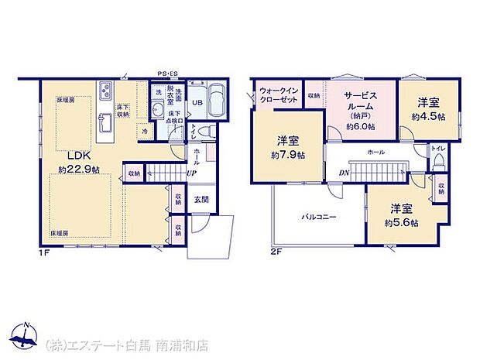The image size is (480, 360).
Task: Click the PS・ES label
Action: click(168, 74)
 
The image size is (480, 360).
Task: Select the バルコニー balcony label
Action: click(318, 218)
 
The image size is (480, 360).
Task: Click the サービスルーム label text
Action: click(360, 101)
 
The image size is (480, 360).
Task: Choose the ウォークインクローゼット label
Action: click(276, 94)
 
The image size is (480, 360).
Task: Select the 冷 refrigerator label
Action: click(145, 132)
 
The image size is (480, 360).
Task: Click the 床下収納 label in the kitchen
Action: click(123, 110)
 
